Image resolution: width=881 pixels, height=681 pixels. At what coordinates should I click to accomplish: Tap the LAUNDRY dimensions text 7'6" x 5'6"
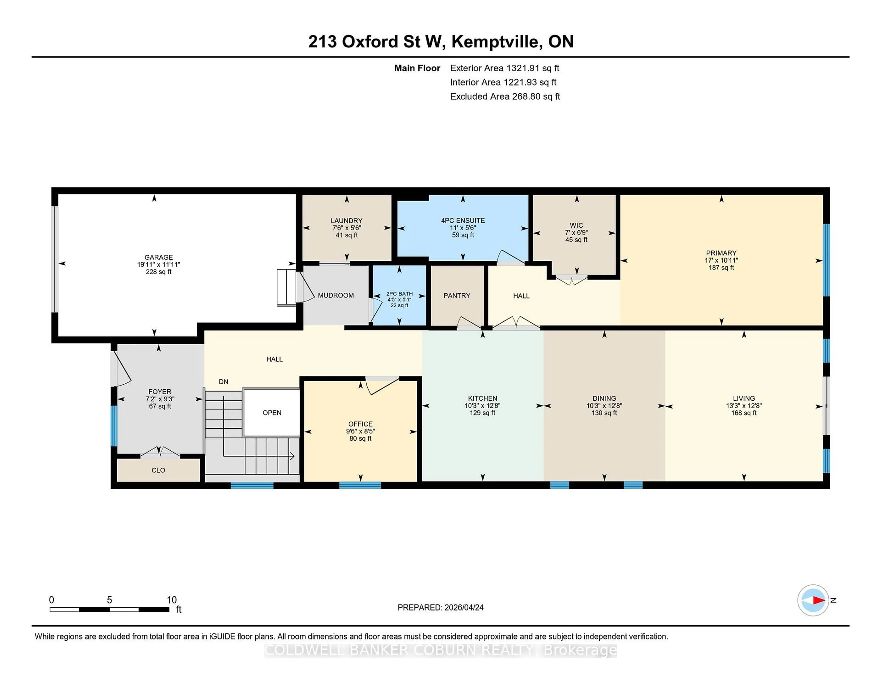click(x=346, y=228)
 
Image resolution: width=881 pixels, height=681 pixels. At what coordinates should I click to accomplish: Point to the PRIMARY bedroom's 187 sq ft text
click(x=721, y=268)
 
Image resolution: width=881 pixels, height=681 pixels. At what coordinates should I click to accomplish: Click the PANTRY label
click(x=457, y=296)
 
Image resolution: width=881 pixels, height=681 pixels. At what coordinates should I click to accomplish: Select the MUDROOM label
click(x=336, y=295)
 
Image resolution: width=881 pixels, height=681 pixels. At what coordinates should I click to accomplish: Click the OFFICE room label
click(x=360, y=424)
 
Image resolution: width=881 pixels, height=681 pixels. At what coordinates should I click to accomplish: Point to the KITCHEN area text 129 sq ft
click(x=482, y=413)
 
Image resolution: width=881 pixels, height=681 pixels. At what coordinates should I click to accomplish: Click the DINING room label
click(x=604, y=398)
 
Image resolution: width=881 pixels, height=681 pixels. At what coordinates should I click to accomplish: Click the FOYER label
click(x=160, y=392)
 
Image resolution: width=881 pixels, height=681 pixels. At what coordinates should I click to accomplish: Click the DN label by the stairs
click(x=223, y=382)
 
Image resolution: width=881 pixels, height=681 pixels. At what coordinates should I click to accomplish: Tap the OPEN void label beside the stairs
click(x=272, y=413)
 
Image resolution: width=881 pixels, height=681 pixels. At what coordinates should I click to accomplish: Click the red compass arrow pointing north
click(x=818, y=600)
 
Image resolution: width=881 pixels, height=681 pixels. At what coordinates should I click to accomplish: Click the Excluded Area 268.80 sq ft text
click(x=505, y=96)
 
